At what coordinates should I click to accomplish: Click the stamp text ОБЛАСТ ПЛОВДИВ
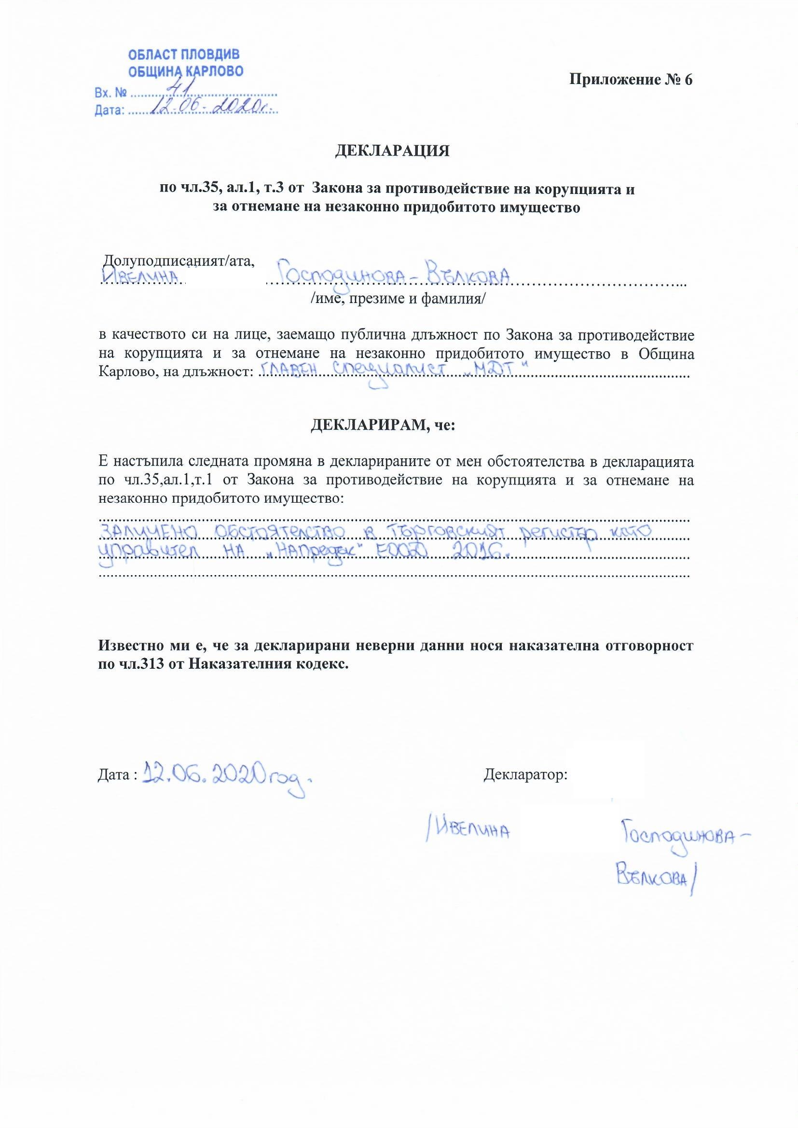(184, 55)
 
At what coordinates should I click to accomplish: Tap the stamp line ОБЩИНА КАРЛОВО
(186, 72)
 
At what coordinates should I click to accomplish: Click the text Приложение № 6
(631, 80)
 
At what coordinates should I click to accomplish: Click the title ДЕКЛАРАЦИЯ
(392, 151)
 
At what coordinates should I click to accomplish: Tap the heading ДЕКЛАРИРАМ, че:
(383, 425)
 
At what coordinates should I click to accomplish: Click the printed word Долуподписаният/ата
(179, 261)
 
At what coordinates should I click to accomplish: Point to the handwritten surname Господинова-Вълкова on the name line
(393, 275)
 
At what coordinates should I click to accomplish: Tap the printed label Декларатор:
(525, 776)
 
